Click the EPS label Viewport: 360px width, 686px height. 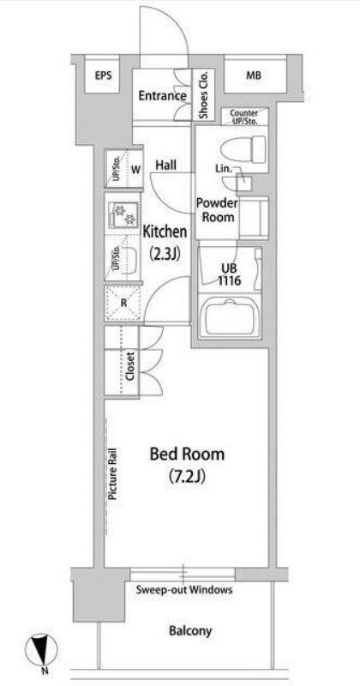[103, 75]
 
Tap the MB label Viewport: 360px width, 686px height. [253, 75]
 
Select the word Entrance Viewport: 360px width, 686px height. [163, 96]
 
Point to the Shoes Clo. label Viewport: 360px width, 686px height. [203, 94]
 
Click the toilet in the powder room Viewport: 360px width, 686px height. [243, 148]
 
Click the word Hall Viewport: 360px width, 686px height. [166, 165]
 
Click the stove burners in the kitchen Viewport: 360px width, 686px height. [123, 214]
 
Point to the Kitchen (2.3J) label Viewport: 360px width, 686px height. [165, 242]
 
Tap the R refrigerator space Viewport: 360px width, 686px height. [123, 303]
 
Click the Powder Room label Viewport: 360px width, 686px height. [217, 209]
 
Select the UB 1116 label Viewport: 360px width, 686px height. [229, 274]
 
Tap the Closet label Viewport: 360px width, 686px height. [129, 365]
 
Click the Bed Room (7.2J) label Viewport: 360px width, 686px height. [187, 465]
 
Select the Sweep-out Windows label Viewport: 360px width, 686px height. [184, 589]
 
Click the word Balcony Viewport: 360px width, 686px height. [190, 630]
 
